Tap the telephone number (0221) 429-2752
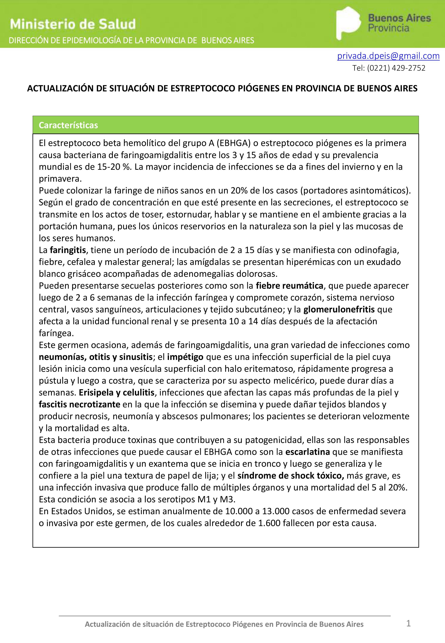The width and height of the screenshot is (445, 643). tap(396, 68)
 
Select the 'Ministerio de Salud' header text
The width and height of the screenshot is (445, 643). tap(73, 24)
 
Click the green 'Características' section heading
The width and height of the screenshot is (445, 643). tap(68, 125)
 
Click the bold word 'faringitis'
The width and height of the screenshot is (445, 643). tap(68, 250)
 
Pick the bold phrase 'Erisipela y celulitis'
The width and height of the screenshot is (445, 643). tap(116, 393)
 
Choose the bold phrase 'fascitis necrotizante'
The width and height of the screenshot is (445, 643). tap(80, 405)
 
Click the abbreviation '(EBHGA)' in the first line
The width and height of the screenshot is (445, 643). tap(234, 143)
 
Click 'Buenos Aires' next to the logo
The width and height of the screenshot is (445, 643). tap(399, 18)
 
